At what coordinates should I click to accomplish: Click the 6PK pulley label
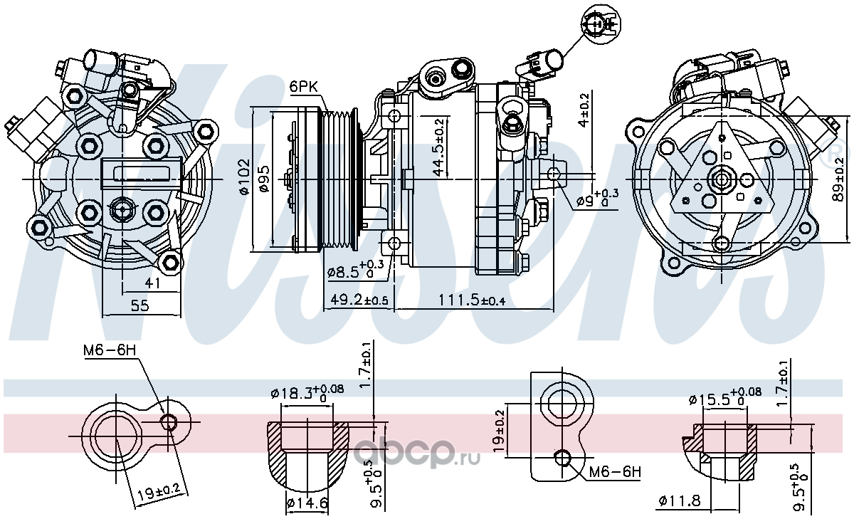coord(303,87)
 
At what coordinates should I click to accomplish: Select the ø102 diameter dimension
coord(244,176)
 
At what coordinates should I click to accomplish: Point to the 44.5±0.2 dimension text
coord(439,147)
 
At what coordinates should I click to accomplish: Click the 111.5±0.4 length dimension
coord(472,300)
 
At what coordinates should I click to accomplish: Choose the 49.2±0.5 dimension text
coord(359,300)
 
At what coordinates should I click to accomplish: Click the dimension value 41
coord(152,283)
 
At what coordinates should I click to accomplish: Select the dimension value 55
coord(140,305)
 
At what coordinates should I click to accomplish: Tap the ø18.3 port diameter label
coord(307,392)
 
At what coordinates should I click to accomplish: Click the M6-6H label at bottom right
coord(615,473)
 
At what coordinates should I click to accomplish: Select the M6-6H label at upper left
coord(110,350)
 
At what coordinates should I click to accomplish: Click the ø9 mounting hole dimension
coord(597,199)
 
